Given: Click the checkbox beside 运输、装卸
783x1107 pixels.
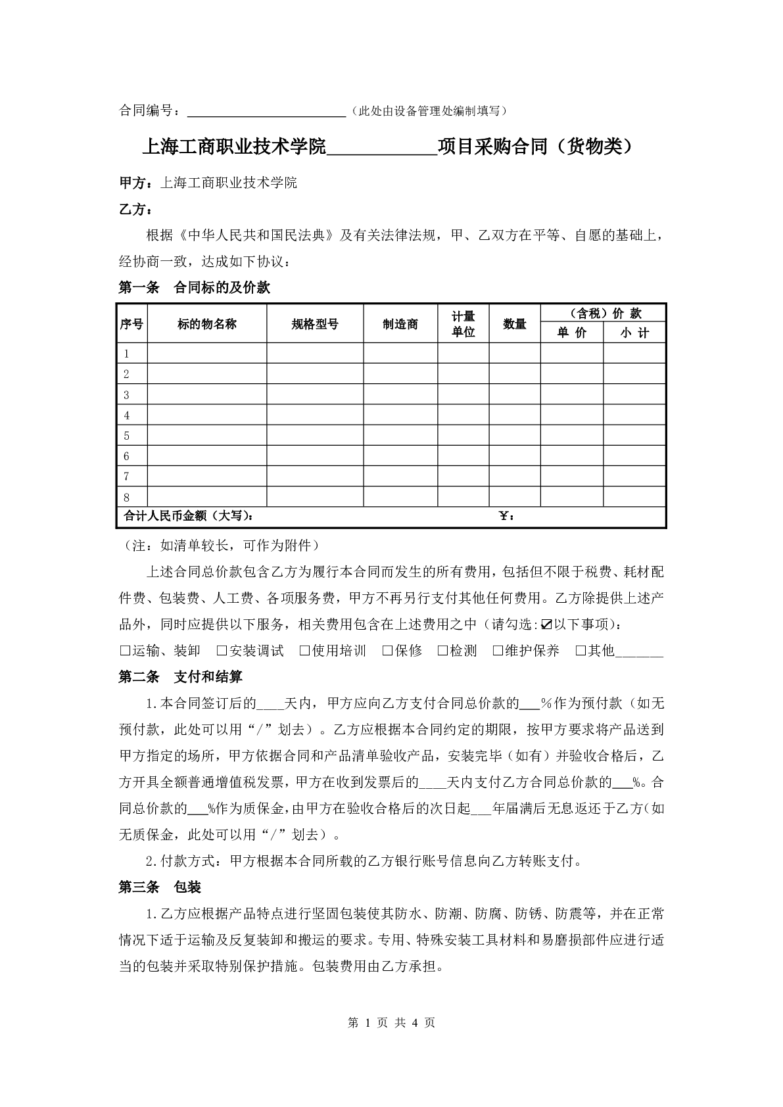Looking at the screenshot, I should (124, 651).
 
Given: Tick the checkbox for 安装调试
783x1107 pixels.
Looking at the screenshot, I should (222, 651).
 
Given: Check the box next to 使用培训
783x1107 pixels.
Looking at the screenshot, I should (304, 651).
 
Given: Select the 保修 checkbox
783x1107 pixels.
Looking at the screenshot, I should (387, 651).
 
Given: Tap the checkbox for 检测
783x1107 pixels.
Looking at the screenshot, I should (442, 651).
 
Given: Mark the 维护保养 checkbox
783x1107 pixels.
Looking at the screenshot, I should (498, 651).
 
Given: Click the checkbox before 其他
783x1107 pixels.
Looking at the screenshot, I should (581, 651).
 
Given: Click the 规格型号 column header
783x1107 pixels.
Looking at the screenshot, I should (315, 323).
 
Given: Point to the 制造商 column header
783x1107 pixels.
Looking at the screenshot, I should (400, 323).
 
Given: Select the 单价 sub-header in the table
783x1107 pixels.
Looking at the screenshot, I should (571, 333).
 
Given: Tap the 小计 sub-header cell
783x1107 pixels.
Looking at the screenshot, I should (634, 333).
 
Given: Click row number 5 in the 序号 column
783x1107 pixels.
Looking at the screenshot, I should (126, 436).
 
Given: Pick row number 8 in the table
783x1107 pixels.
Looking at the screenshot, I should (126, 497).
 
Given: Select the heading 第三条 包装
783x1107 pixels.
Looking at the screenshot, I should (160, 887).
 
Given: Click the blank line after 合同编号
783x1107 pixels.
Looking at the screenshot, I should (266, 112).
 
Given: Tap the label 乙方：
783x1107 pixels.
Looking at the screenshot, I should (135, 210).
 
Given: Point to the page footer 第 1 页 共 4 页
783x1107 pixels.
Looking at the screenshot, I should (391, 1023).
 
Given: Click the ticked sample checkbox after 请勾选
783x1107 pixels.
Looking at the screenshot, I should (546, 624).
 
